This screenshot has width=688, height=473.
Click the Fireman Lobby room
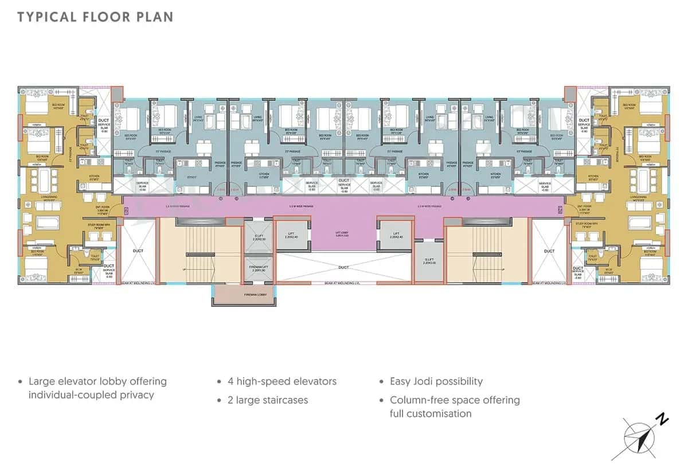point(243,295)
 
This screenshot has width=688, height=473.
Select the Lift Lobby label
point(342,234)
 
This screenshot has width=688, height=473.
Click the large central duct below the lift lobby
point(342,267)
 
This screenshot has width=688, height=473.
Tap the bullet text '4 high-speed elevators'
point(282,381)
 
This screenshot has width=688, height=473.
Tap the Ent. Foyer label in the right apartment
point(584,206)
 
